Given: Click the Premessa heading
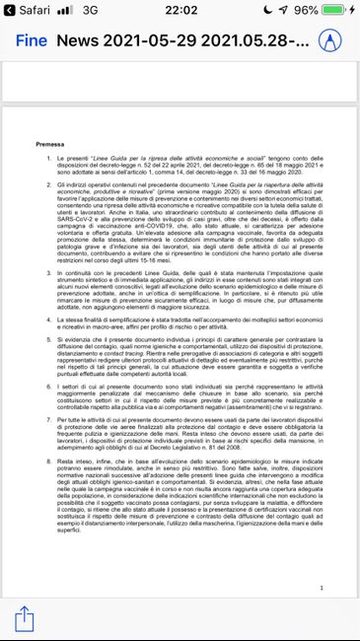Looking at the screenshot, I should (50, 144).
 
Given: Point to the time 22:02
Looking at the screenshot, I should (180, 11).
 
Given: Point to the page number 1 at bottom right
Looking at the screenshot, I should (335, 559).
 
